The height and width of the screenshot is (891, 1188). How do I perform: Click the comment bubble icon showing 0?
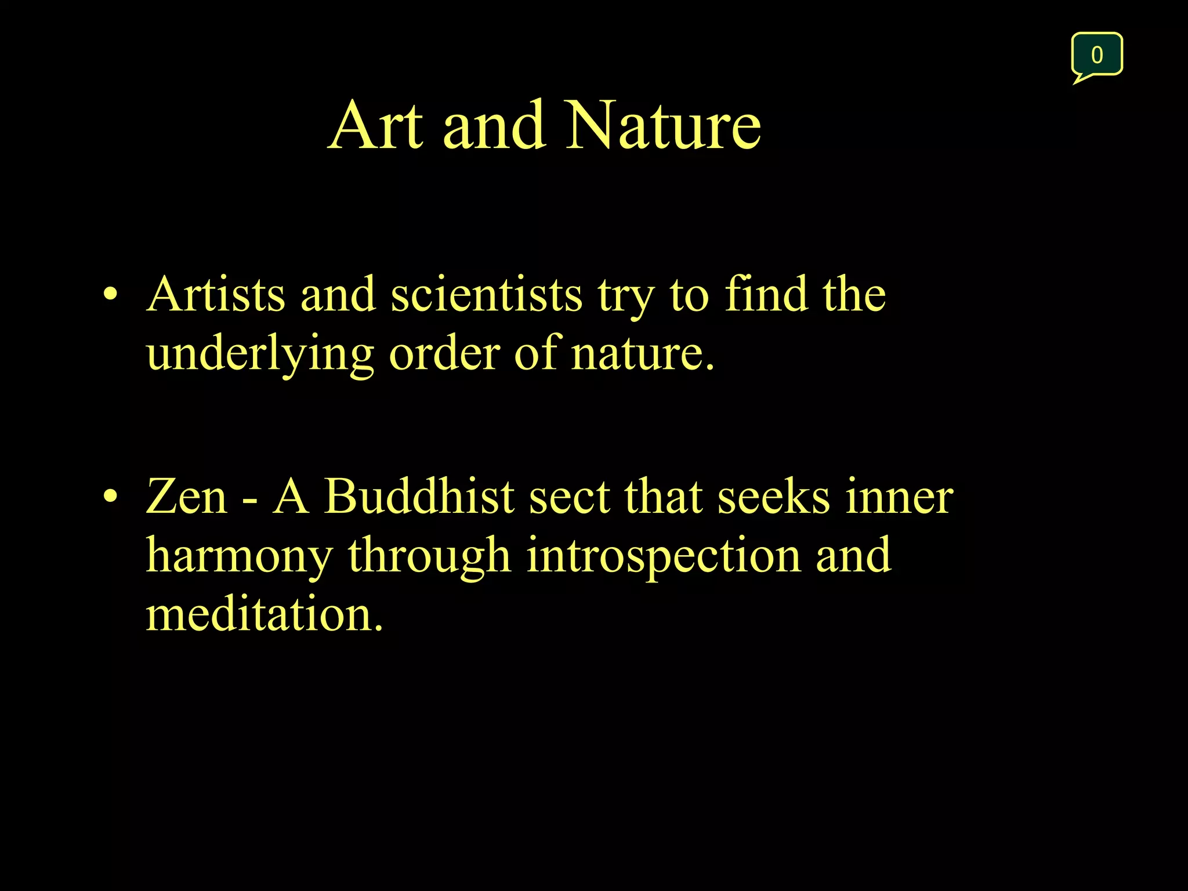click(1096, 55)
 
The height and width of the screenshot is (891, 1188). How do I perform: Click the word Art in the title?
click(376, 126)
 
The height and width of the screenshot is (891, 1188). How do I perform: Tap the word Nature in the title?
click(662, 126)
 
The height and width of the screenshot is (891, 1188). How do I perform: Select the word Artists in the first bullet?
click(215, 295)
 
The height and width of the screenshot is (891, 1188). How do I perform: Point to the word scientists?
click(486, 295)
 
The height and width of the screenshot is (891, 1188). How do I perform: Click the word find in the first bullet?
click(766, 294)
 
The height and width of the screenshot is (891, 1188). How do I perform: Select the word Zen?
click(186, 497)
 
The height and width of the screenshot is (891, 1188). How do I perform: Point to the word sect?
click(569, 498)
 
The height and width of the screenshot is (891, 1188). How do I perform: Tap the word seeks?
click(773, 498)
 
